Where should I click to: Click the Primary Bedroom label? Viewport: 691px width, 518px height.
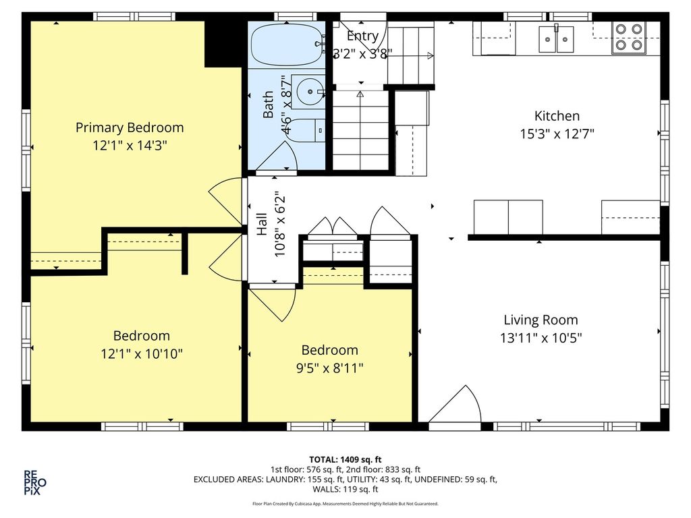coord(130,127)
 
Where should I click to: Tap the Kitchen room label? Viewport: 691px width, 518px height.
coord(557,116)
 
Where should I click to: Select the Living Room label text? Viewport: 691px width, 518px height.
coord(541,320)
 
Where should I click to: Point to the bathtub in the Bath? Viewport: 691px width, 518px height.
coord(288,45)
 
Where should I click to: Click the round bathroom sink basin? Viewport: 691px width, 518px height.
coord(310,92)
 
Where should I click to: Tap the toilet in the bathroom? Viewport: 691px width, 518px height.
coord(306,130)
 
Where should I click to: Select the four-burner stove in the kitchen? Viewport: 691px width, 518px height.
coord(629,38)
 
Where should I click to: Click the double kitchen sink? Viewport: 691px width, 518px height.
coord(556,39)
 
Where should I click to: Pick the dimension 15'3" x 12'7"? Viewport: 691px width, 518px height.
coord(557,134)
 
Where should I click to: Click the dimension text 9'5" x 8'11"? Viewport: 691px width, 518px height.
coord(329,368)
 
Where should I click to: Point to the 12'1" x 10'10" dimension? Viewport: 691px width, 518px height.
coord(142,353)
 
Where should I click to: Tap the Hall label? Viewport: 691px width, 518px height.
coord(262,224)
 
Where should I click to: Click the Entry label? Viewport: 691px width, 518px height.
coord(362,36)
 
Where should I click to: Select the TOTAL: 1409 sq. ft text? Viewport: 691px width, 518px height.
coord(345,460)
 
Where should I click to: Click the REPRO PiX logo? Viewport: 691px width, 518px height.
coord(35,483)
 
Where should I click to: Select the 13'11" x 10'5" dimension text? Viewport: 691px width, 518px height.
coord(541,338)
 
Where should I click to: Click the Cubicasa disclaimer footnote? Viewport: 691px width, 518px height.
coord(345,503)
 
